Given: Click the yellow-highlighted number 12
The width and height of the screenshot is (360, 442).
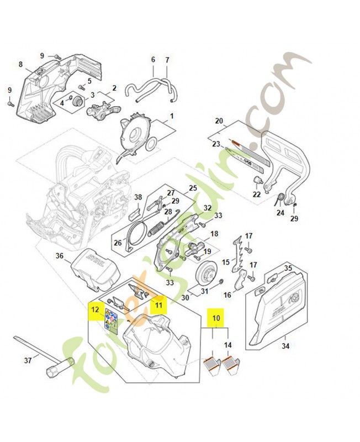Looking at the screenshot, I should pos(95,311).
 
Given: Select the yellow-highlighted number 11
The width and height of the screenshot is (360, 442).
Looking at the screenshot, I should pos(158,304).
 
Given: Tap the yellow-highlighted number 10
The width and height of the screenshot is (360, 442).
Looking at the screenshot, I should pos(215,318).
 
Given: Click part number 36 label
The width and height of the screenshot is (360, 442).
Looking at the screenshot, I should pos(60,255).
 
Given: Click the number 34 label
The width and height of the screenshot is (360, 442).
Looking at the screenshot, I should pos(285,346).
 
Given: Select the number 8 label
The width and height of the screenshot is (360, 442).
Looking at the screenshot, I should pos(21,65).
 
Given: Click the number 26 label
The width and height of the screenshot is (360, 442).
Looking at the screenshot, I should pos(117,243).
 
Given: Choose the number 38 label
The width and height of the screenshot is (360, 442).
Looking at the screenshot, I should pos(138,197).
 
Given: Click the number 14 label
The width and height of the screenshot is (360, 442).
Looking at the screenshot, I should pos(227,345).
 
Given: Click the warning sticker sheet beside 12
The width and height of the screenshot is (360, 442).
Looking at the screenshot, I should pos(112,322).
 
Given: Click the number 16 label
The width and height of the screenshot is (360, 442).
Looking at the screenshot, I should pos(227,296).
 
